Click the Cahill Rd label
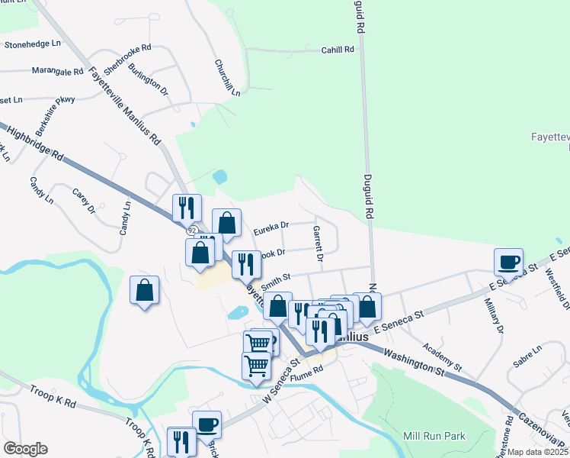coord(338,50)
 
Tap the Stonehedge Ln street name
coord(32,45)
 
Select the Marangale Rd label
coord(57,71)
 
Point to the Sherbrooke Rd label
coord(127,59)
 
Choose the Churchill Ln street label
coord(227,77)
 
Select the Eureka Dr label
coord(271,226)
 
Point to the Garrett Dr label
coord(319,244)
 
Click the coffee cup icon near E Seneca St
coord(508,261)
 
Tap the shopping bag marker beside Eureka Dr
coord(226,222)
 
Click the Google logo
coord(25,449)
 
